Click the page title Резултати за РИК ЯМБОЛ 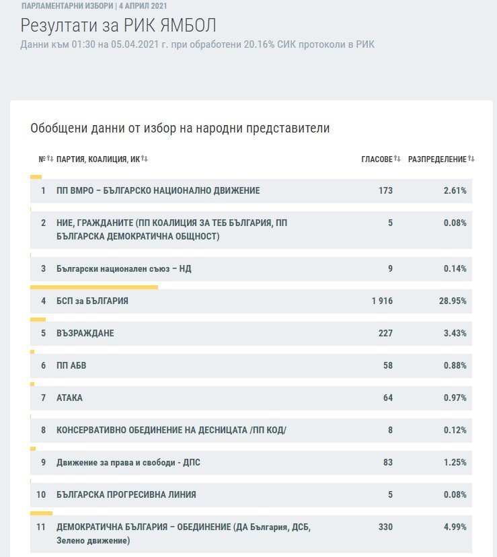[118, 26]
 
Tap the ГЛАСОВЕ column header [377, 159]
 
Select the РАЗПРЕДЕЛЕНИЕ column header [437, 159]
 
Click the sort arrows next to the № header [50, 159]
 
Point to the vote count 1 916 [382, 301]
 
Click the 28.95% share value [453, 301]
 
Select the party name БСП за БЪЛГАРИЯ [92, 301]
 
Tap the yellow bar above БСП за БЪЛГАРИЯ [94, 287]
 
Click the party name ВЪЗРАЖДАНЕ [85, 333]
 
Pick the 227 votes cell [385, 333]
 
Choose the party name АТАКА [69, 398]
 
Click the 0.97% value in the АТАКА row [455, 398]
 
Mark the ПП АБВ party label [71, 365]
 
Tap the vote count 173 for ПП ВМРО [385, 191]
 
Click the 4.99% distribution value [455, 527]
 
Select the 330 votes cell [385, 527]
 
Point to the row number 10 [41, 494]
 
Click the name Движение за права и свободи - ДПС [128, 463]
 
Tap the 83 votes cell [388, 463]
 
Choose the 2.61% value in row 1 [455, 191]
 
